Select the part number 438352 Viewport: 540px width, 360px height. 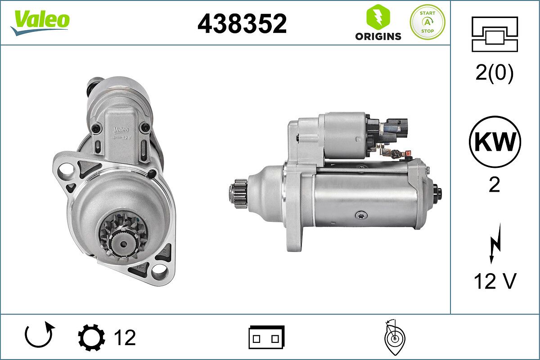(x=242, y=23)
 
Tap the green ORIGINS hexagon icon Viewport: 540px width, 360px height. (x=378, y=17)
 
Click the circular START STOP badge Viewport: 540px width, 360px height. (x=427, y=22)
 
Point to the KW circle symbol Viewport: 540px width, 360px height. (x=495, y=142)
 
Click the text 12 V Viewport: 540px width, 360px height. (x=495, y=281)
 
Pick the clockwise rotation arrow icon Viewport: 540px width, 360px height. (x=40, y=336)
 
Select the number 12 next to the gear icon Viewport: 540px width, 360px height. (x=124, y=337)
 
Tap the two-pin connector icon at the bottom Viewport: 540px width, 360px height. (x=266, y=337)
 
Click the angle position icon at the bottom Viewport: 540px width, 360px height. (x=394, y=337)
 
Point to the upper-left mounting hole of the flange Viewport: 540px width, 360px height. (x=67, y=170)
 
